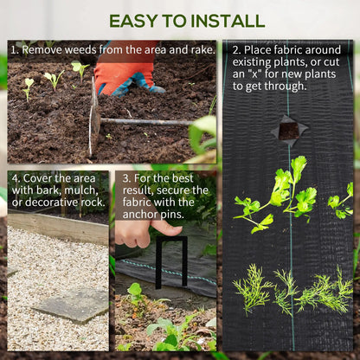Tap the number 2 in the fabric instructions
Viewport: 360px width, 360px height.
[x=235, y=49]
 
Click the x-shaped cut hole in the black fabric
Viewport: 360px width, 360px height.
[x=288, y=129]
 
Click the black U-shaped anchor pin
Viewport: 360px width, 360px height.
[x=170, y=260]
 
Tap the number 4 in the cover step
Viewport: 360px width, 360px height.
[x=15, y=177]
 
